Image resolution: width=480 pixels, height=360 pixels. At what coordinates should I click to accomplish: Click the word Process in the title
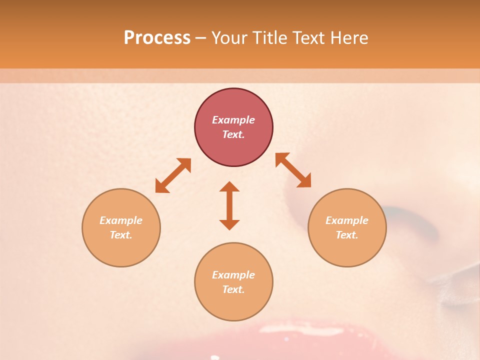(x=157, y=38)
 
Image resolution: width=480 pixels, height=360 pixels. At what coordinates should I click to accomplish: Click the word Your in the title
(x=230, y=38)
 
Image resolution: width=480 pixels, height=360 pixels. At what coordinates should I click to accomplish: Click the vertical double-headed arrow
(x=229, y=205)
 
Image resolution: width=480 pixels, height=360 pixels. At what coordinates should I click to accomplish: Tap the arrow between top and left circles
(x=173, y=175)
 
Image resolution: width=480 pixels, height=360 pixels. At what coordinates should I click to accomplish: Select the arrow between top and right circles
(x=293, y=170)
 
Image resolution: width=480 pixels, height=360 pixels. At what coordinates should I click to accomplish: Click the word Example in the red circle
(x=233, y=120)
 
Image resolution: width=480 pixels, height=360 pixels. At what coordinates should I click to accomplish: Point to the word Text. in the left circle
(x=121, y=235)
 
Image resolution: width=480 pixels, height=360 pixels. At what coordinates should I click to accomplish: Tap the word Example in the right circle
(x=347, y=220)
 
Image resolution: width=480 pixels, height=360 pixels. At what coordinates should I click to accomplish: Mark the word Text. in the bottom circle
(x=233, y=289)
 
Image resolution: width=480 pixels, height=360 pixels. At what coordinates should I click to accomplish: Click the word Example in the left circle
(x=121, y=220)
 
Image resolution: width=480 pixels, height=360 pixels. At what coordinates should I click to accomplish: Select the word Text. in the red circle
(x=233, y=134)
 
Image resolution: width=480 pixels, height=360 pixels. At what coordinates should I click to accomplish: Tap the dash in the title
(x=201, y=38)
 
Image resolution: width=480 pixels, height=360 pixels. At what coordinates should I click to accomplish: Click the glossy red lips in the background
(x=280, y=340)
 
